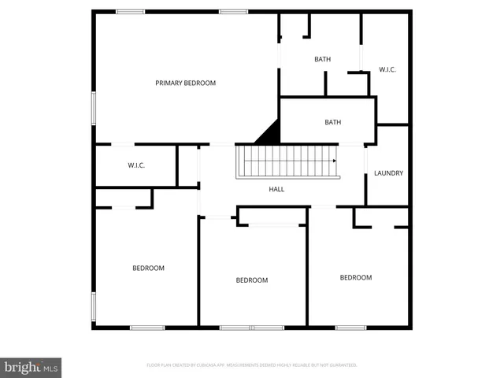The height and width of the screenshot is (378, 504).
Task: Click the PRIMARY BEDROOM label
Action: (185, 83)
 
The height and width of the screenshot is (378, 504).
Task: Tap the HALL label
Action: (276, 189)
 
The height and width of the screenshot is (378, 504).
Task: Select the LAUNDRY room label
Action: (388, 173)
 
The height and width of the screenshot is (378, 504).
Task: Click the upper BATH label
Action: (322, 59)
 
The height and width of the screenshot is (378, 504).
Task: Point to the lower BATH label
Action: (333, 122)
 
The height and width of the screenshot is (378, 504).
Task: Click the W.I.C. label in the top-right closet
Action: (387, 69)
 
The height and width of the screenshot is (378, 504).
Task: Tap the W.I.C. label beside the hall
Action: (136, 165)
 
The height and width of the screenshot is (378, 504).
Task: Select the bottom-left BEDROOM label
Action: (148, 269)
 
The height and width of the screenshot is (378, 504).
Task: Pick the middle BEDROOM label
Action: (252, 280)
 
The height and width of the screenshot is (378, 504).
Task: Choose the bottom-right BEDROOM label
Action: (355, 277)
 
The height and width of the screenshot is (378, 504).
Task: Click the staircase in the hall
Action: (287, 161)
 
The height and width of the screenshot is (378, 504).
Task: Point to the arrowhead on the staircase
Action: (335, 161)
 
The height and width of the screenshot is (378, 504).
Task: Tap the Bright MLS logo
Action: (31, 367)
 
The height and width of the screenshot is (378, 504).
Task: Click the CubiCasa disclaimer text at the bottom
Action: (252, 365)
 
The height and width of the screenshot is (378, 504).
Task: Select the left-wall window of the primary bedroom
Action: (94, 107)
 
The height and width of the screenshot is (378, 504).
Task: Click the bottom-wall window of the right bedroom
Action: (350, 327)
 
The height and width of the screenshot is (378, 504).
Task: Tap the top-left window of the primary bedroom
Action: (130, 11)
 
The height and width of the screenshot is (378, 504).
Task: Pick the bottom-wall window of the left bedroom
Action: (147, 327)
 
